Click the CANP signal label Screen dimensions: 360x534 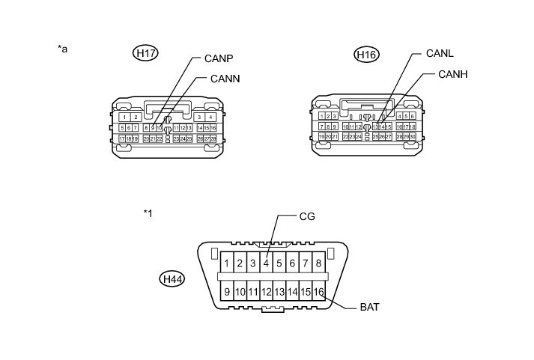pos(219,58)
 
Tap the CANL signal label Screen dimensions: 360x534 pos(440,53)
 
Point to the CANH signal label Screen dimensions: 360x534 pos(452,74)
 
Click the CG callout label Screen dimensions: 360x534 pos(307,216)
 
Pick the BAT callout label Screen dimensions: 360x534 pos(370,307)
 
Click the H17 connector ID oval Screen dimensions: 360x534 pos(145,53)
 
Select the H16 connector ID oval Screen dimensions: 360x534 pos(367,55)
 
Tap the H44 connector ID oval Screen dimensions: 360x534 pos(174,279)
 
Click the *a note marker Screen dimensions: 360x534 pos(63,49)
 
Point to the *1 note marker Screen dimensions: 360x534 pos(148,213)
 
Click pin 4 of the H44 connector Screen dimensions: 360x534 pos(266,263)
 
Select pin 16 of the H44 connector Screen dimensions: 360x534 pos(319,292)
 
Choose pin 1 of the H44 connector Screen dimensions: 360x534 pos(226,263)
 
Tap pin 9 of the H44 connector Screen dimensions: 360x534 pos(226,292)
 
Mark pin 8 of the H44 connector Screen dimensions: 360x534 pos(319,263)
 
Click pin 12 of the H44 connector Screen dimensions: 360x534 pos(266,292)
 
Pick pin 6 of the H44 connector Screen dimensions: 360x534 pos(293,263)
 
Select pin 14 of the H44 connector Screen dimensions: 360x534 pos(293,292)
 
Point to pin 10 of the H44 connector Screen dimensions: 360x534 pos(240,292)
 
